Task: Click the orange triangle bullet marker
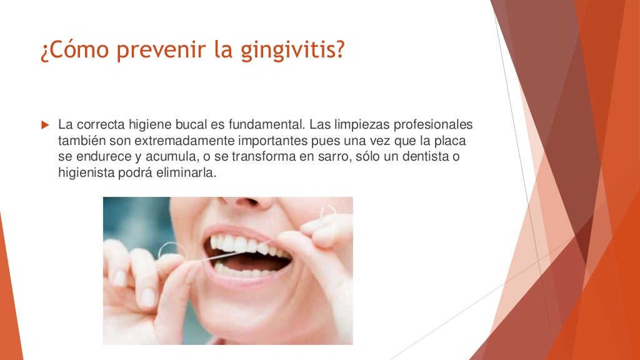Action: click(x=44, y=125)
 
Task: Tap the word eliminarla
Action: click(x=187, y=173)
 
